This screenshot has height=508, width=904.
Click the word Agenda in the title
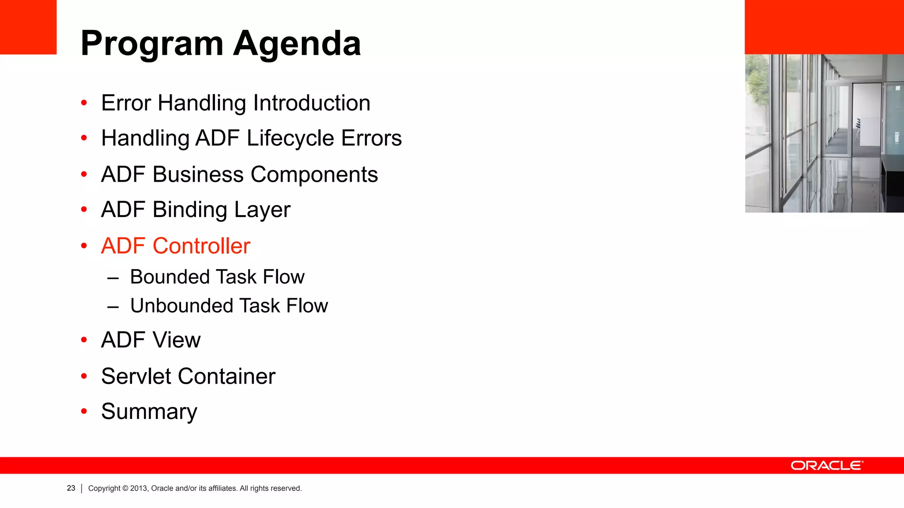click(x=297, y=44)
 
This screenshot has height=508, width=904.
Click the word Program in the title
click(x=152, y=44)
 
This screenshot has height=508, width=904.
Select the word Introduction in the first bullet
click(x=312, y=103)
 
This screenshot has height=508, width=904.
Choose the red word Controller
click(x=201, y=246)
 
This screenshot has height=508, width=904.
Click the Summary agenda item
click(x=149, y=412)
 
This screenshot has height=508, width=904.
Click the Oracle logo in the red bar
click(x=827, y=466)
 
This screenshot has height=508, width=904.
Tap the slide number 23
click(x=71, y=488)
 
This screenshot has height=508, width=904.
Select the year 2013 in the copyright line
click(x=139, y=489)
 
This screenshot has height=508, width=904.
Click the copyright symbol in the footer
click(x=125, y=489)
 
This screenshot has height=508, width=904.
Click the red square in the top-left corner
click(x=28, y=27)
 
